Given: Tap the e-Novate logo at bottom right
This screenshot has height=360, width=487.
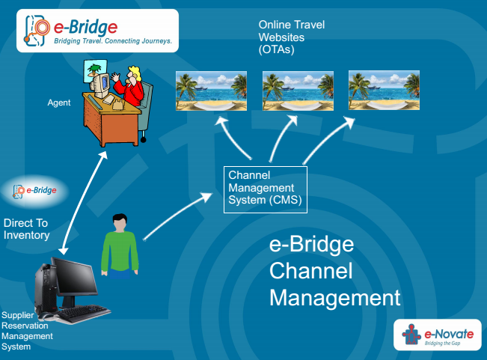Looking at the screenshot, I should (x=436, y=335).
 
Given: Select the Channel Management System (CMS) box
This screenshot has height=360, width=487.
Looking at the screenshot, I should (x=266, y=189).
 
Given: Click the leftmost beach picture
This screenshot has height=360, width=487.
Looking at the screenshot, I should (x=211, y=91).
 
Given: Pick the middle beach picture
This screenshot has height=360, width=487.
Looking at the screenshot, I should (x=297, y=91).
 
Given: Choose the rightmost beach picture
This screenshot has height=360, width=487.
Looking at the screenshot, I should (x=384, y=91).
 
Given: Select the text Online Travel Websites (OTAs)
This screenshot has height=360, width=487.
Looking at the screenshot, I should (x=291, y=37).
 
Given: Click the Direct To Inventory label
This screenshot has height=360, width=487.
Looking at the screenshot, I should (x=27, y=229).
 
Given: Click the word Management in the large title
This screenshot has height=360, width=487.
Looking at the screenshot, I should (x=334, y=297).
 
